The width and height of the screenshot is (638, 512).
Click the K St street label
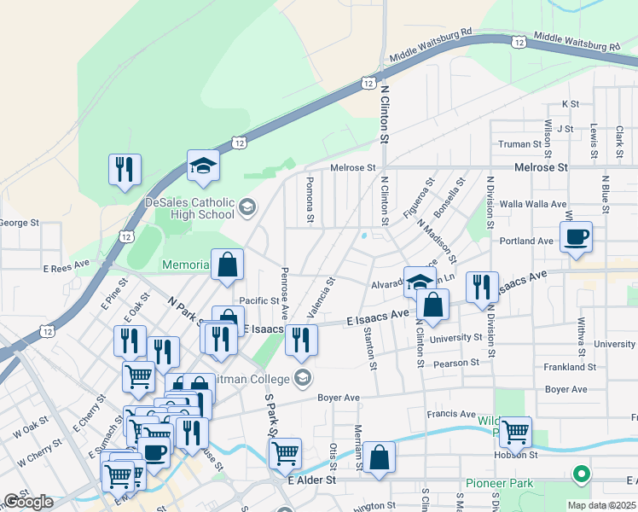(x=571, y=103)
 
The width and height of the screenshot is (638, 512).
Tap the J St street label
(x=565, y=128)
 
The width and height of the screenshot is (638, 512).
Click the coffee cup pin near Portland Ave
(x=576, y=238)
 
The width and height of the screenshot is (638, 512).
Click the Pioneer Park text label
(x=499, y=484)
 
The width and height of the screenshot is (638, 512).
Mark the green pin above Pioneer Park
(x=581, y=474)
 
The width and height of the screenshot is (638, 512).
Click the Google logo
(x=28, y=502)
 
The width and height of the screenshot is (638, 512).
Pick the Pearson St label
(x=457, y=364)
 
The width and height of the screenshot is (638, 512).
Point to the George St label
(x=19, y=223)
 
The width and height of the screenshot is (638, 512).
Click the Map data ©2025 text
(x=604, y=505)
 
